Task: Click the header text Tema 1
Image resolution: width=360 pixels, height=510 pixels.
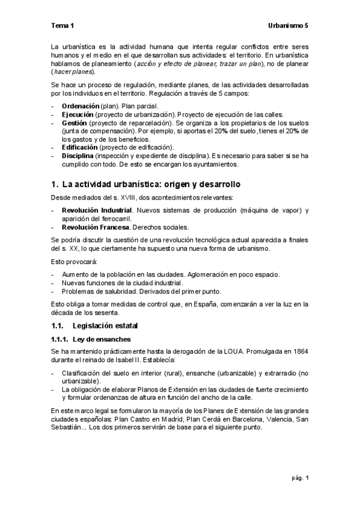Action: tap(63, 26)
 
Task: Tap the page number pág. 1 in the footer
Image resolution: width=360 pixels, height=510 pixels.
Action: tap(298, 478)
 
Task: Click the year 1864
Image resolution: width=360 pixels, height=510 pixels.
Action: tap(299, 351)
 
